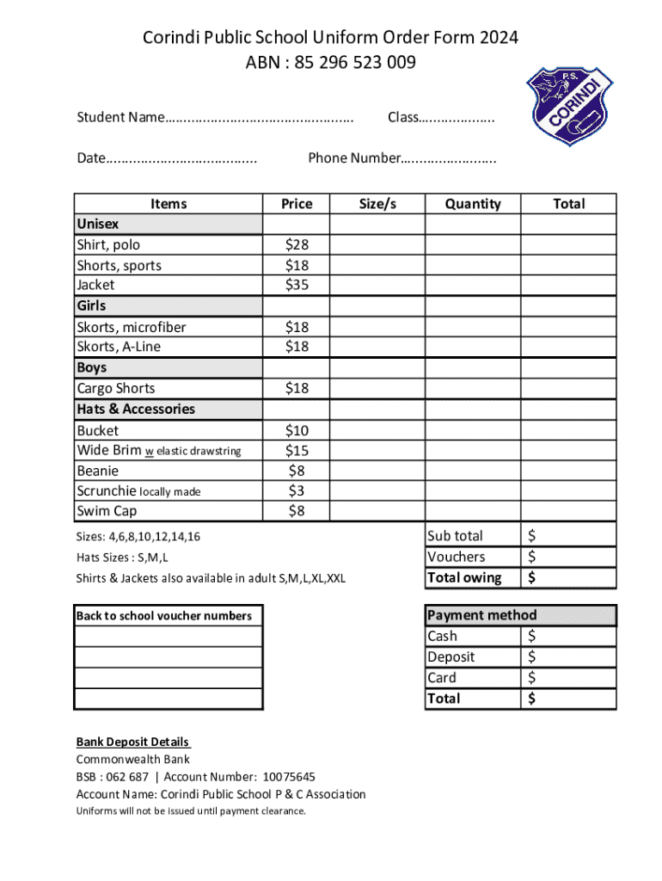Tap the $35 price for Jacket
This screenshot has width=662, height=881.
tap(297, 285)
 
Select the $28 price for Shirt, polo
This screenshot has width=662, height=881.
tap(297, 245)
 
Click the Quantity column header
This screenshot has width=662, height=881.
tap(472, 204)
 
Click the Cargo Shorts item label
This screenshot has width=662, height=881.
tap(116, 388)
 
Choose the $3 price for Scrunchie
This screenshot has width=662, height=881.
tap(297, 491)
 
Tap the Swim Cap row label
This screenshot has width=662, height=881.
tap(107, 512)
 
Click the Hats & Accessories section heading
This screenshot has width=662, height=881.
tap(136, 410)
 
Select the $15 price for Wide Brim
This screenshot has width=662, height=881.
tap(297, 451)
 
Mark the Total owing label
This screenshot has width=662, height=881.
tap(464, 578)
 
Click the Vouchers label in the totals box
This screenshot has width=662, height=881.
tap(457, 558)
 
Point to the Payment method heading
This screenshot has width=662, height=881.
tap(481, 615)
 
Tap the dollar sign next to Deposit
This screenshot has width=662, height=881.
tap(532, 657)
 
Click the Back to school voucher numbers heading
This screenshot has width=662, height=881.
tap(164, 616)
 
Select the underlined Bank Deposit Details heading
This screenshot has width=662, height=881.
tap(132, 742)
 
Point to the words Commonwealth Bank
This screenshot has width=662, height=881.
tap(133, 760)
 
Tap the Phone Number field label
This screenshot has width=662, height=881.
tap(354, 158)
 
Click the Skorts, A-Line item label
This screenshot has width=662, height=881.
tap(119, 348)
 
